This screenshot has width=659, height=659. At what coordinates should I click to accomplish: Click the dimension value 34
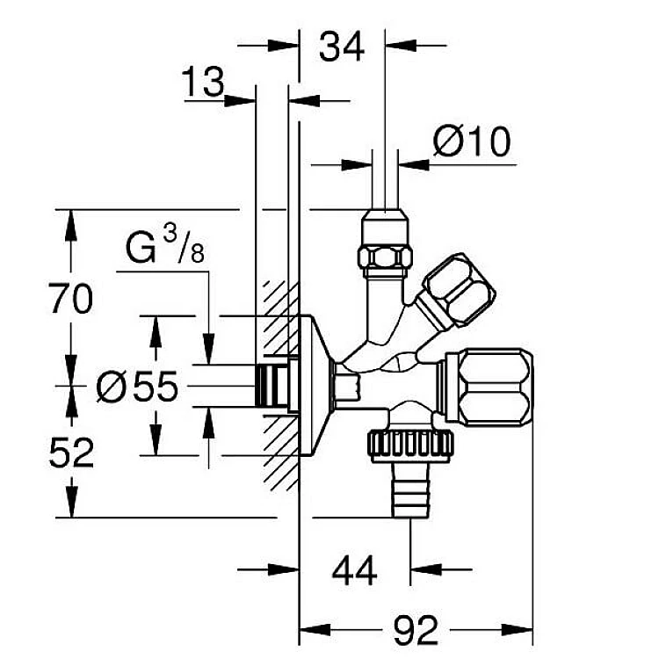point(342,47)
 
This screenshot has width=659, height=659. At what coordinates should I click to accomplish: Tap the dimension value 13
point(203,84)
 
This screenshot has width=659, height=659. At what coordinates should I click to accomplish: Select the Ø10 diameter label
point(472,142)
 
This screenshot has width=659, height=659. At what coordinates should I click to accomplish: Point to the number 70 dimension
point(70,300)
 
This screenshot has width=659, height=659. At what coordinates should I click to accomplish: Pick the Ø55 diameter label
point(137,387)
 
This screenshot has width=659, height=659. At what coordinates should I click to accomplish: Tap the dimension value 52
point(70,453)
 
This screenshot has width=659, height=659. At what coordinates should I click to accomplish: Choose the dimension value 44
point(354,572)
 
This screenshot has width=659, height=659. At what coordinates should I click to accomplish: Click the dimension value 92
point(415,630)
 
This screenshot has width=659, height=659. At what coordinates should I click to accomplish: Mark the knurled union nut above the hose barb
point(411,445)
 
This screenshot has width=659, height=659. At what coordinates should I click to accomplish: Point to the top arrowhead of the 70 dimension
point(71,220)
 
